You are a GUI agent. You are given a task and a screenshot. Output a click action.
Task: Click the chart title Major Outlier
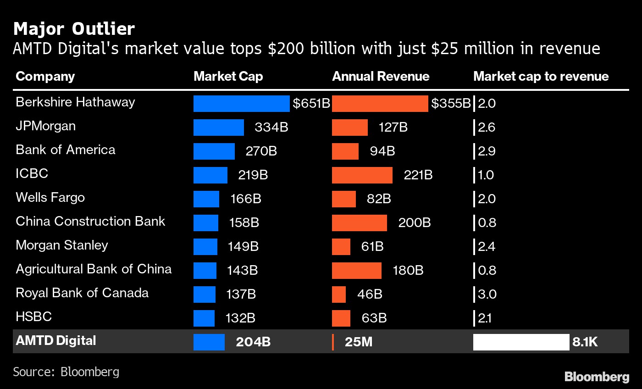click(x=74, y=29)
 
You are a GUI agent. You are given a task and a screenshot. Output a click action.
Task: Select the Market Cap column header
click(x=228, y=76)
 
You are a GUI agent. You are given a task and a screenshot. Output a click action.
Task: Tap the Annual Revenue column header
click(x=381, y=76)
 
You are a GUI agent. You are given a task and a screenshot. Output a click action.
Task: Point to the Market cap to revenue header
click(x=541, y=76)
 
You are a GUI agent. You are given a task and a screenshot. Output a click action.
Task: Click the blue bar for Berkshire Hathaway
click(x=241, y=104)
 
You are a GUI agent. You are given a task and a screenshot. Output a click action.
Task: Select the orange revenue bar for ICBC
click(x=362, y=175)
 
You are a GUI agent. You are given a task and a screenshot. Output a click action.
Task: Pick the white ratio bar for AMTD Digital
click(x=521, y=342)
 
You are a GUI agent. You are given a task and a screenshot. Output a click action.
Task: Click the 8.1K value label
click(x=585, y=342)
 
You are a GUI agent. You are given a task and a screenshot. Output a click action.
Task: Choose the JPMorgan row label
click(x=45, y=126)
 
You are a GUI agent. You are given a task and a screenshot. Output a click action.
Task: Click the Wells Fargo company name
click(x=50, y=197)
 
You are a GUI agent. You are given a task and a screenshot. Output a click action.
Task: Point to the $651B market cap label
click(x=311, y=104)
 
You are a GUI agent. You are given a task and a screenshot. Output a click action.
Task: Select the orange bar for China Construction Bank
click(x=359, y=223)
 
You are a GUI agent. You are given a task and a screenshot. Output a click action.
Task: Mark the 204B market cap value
click(x=253, y=342)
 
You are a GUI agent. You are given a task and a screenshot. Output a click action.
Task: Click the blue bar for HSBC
click(x=204, y=318)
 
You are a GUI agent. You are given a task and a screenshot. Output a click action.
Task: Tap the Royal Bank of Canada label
click(x=82, y=293)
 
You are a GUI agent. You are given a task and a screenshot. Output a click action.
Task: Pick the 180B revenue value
click(x=408, y=271)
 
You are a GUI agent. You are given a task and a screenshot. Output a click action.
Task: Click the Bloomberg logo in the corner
click(x=597, y=377)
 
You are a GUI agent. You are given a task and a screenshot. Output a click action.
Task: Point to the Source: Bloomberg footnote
click(x=66, y=371)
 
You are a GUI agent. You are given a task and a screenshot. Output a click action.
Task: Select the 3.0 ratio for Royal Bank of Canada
click(x=487, y=295)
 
